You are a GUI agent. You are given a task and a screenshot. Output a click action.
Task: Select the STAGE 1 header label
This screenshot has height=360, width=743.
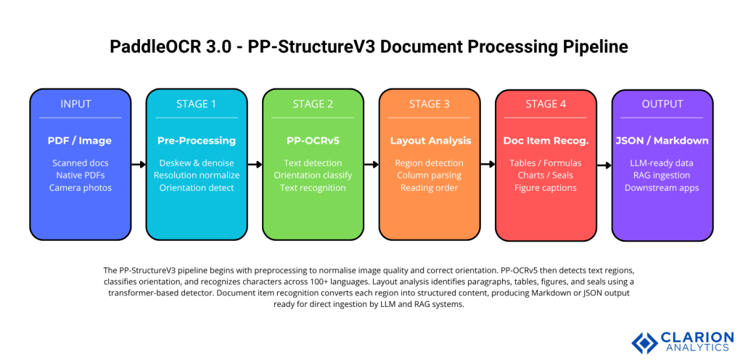(196, 104)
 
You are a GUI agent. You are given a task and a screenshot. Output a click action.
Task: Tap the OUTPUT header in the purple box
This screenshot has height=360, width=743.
(662, 104)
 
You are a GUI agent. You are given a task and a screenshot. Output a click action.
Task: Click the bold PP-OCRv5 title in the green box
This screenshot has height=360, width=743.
(313, 140)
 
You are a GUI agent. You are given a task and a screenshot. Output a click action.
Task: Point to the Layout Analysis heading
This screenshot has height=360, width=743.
(430, 140)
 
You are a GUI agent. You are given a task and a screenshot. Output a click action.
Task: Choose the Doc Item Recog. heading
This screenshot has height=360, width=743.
(546, 140)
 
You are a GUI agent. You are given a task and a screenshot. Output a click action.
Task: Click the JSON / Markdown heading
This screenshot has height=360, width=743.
(662, 140)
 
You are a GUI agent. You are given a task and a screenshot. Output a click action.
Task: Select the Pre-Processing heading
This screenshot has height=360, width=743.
(196, 140)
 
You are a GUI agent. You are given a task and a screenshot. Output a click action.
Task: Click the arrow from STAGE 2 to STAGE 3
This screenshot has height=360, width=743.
(371, 165)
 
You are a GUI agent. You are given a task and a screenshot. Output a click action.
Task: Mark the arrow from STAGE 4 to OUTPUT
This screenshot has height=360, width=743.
(604, 165)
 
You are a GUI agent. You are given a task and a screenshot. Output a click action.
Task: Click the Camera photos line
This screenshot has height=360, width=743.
(80, 188)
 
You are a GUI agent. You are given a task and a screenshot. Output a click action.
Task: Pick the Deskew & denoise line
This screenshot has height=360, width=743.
(196, 163)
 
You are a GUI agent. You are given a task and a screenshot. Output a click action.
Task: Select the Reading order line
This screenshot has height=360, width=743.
(430, 188)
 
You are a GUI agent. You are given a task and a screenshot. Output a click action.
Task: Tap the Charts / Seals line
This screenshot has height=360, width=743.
(546, 176)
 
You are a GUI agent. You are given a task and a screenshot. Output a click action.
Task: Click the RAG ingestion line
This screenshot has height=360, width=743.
(662, 176)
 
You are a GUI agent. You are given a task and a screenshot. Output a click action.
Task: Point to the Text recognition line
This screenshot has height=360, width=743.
(313, 188)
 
